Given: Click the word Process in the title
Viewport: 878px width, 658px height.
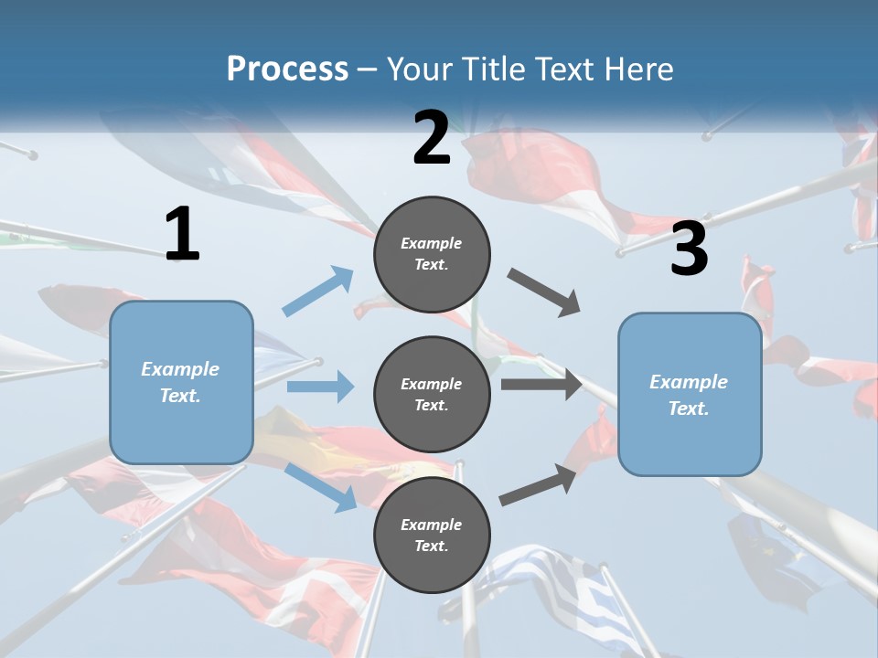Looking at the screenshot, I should (287, 69).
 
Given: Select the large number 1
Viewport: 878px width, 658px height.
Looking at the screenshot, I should (182, 235).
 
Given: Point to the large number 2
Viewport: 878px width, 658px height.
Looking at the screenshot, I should (432, 138).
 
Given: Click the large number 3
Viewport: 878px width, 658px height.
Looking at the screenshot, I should (689, 249).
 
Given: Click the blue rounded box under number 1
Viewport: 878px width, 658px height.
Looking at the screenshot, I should (181, 382).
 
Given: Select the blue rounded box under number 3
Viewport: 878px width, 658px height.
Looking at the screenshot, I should (690, 395).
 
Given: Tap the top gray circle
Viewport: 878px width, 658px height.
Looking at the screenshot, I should (432, 254).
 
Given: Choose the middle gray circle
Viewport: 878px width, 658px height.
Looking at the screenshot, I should (432, 394).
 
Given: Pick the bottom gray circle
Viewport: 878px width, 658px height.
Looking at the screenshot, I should (432, 535).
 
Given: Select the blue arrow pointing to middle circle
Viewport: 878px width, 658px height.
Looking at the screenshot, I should (320, 387).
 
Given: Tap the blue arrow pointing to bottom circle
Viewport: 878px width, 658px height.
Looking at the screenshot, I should (321, 487).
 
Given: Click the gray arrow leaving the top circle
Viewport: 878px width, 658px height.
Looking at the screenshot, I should (543, 292).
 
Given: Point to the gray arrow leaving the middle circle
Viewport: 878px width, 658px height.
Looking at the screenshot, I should (541, 384).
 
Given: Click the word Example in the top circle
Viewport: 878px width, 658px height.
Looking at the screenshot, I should (432, 243).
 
